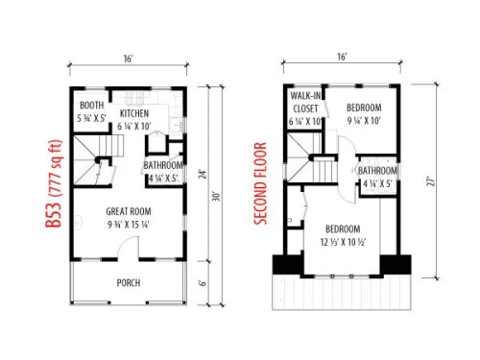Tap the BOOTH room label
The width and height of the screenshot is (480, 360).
click(92, 106)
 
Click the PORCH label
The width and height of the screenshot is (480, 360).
click(130, 283)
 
